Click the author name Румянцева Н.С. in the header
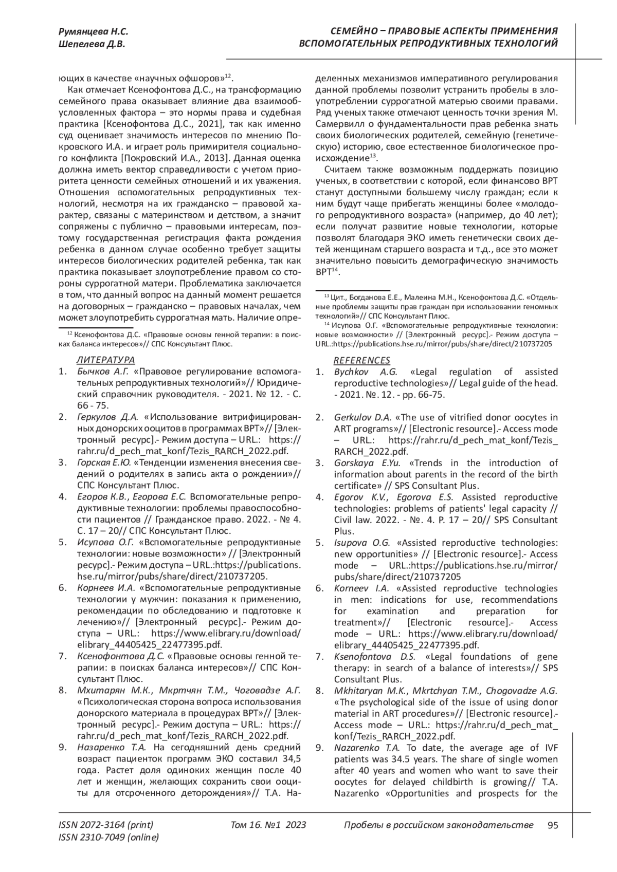click(94, 32)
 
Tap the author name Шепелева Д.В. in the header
click(92, 44)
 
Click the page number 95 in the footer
click(553, 826)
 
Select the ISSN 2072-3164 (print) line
click(106, 826)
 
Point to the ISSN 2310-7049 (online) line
click(109, 838)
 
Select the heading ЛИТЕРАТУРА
click(105, 360)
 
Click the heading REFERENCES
click(362, 360)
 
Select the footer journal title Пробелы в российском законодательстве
click(438, 826)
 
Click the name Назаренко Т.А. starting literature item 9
click(112, 748)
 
